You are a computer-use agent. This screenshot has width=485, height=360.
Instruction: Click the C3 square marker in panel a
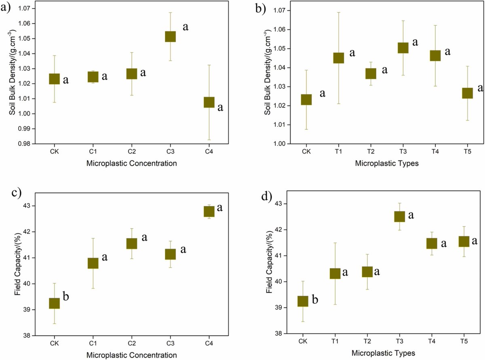pyautogui.click(x=170, y=36)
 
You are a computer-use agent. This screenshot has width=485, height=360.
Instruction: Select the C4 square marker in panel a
pyautogui.click(x=209, y=102)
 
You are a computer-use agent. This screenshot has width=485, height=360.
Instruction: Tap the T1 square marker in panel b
pyautogui.click(x=338, y=58)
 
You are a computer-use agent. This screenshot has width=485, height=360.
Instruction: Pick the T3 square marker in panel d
pyautogui.click(x=399, y=216)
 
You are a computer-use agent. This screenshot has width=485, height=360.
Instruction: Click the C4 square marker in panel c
pyautogui.click(x=209, y=211)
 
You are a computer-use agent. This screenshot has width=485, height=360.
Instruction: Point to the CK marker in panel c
pyautogui.click(x=55, y=303)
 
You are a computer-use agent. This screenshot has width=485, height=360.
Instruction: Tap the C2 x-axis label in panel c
pyautogui.click(x=131, y=343)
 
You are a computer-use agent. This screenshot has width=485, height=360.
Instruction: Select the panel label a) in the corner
pyautogui.click(x=6, y=7)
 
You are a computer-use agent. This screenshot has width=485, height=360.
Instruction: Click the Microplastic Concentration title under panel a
pyautogui.click(x=131, y=164)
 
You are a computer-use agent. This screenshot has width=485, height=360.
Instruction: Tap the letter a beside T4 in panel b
pyautogui.click(x=447, y=52)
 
